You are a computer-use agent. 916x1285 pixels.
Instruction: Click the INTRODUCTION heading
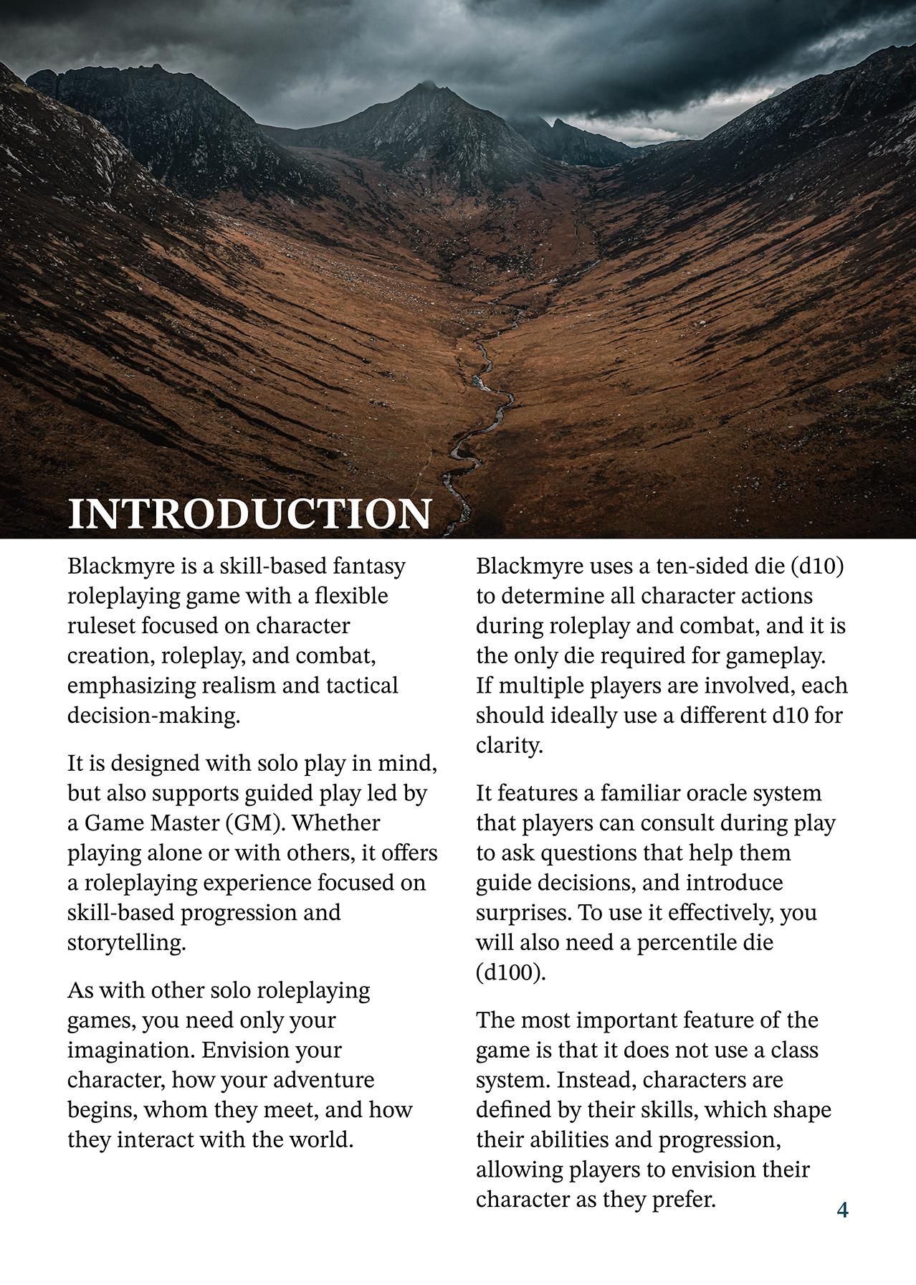coord(249,513)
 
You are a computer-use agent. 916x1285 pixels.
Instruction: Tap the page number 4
coord(842,1210)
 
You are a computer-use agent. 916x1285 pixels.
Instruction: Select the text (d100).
coord(510,972)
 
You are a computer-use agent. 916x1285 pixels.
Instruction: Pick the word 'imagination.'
coord(131,1050)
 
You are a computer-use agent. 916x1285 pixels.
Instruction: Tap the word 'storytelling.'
coord(127,942)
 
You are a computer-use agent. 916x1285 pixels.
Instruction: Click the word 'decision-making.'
coord(153,716)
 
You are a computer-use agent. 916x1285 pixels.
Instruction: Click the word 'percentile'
coord(687,942)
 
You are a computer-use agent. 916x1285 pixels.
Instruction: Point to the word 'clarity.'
coord(509,746)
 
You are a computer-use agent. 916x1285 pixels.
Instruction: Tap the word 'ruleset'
coord(101,626)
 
